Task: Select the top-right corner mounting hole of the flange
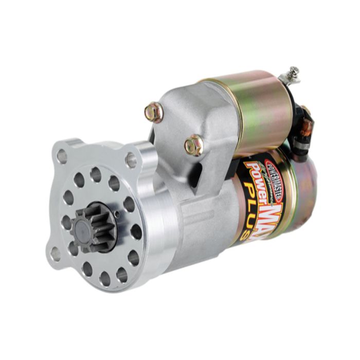(131, 160)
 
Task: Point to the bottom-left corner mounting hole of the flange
(55, 254)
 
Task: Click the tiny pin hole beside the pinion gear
(117, 214)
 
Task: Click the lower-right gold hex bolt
(194, 145)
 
